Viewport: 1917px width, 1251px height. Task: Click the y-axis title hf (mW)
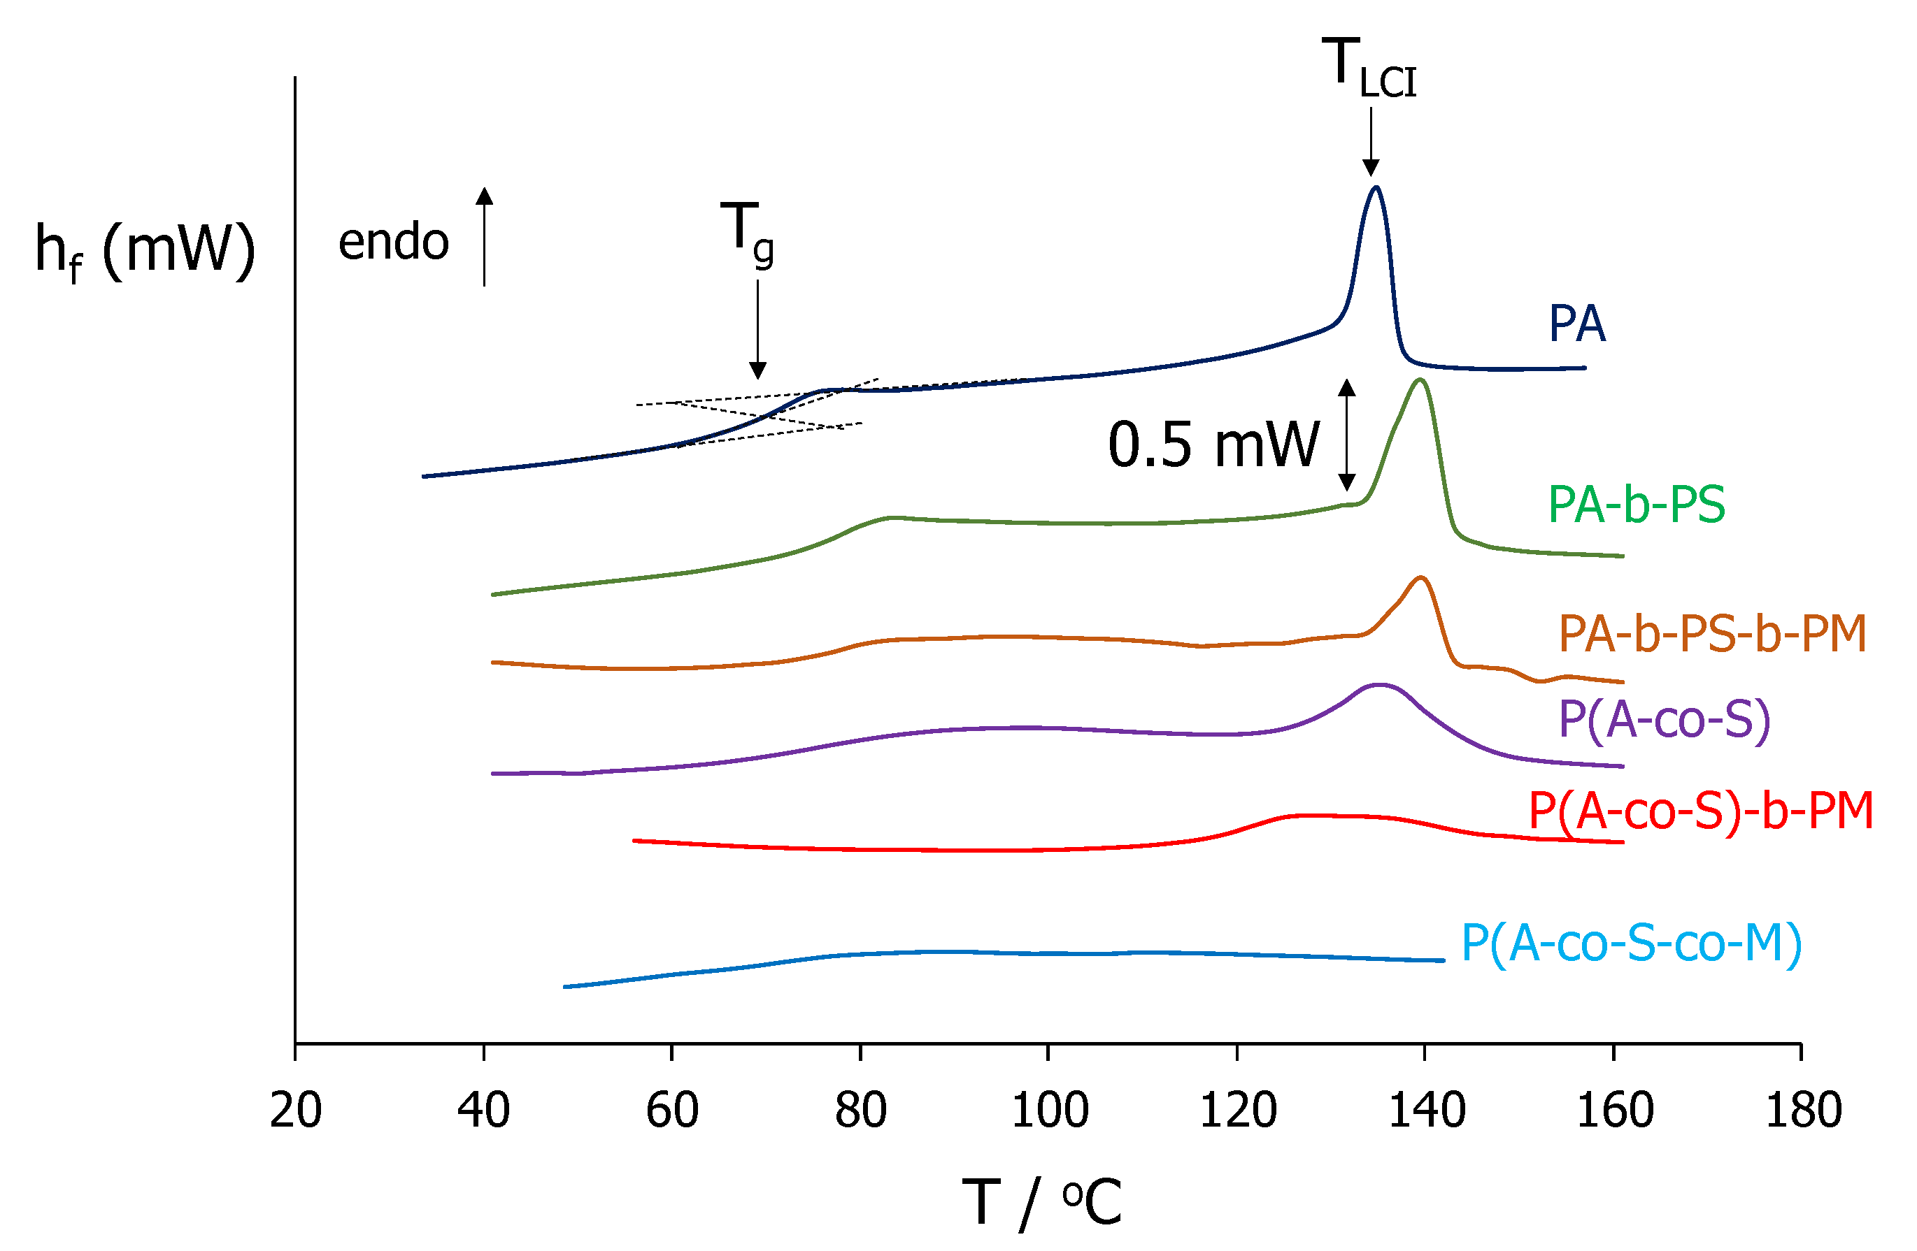[x=145, y=250]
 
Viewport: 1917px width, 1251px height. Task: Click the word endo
[x=393, y=242]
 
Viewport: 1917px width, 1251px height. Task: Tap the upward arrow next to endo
[x=484, y=236]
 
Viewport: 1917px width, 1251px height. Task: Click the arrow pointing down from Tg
[x=757, y=330]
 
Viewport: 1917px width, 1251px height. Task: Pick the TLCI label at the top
[x=1369, y=70]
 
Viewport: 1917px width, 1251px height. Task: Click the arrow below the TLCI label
[x=1371, y=142]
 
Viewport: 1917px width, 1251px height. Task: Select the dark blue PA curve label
[x=1577, y=324]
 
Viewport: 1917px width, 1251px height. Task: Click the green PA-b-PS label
[x=1637, y=505]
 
